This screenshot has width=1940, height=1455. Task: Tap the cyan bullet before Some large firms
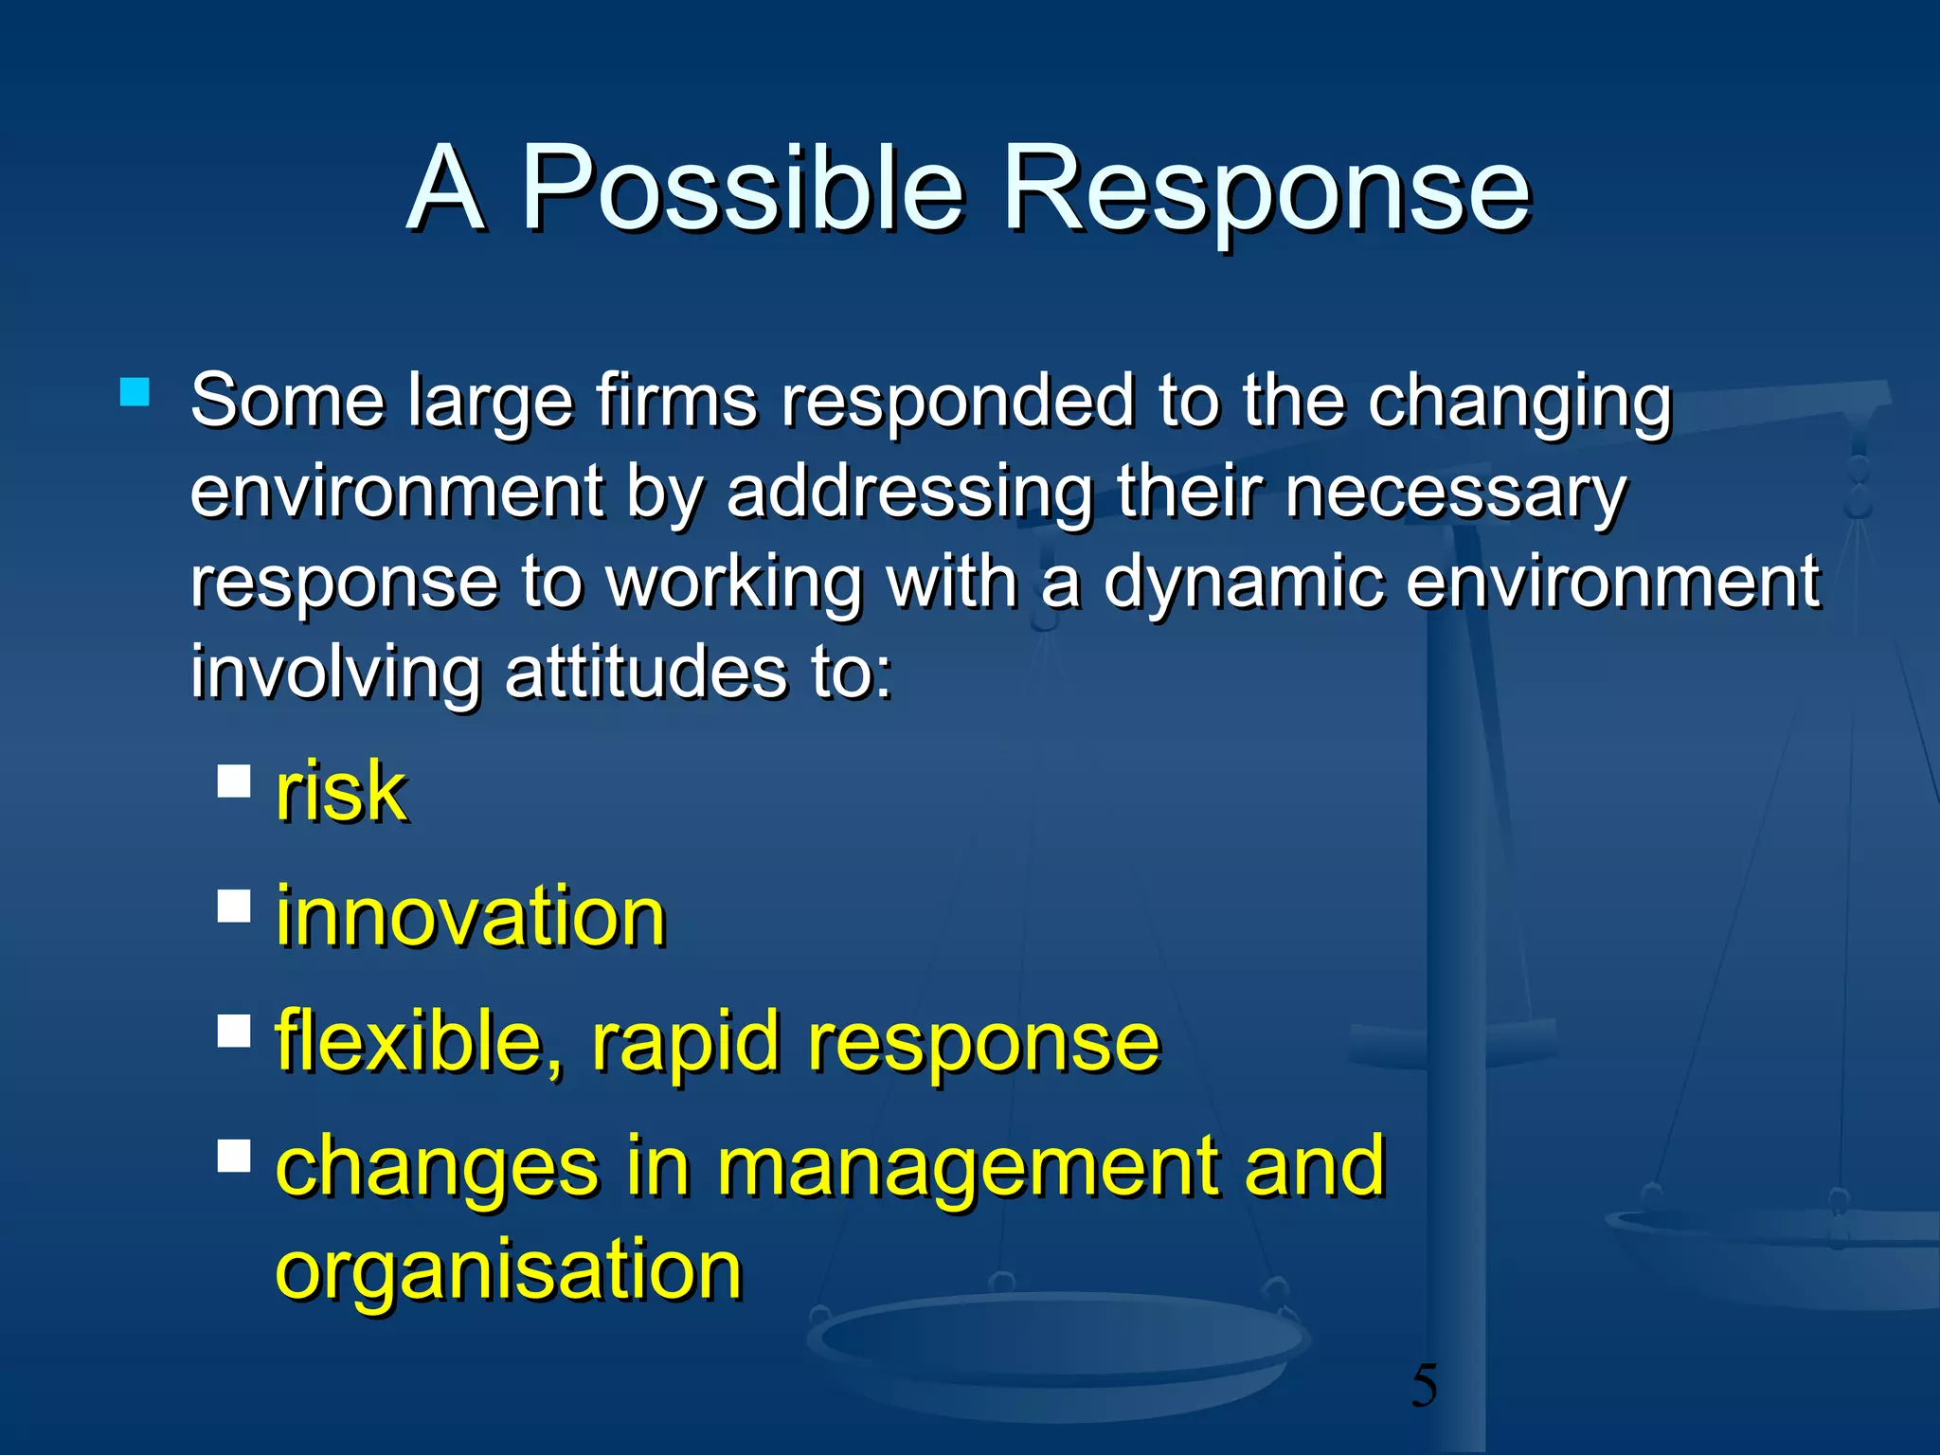(135, 392)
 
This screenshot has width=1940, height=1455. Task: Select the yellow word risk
(341, 792)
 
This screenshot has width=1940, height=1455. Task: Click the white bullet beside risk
(234, 781)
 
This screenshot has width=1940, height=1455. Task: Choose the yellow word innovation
(471, 916)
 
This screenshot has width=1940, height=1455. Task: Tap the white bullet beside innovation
(234, 906)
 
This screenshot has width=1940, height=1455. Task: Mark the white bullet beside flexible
(234, 1031)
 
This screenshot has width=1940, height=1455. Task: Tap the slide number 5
(1424, 1386)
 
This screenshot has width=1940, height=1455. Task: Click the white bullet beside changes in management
(234, 1156)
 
